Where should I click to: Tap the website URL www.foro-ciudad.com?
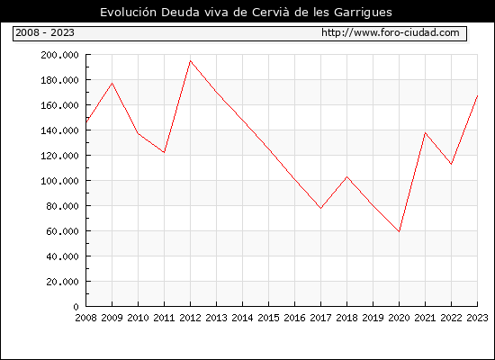tap(391, 32)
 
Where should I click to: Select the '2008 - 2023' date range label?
tap(45, 32)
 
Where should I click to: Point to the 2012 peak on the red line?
tap(191, 60)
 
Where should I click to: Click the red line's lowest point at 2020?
tap(399, 231)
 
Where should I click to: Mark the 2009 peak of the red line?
tap(112, 83)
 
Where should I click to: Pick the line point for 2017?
tap(320, 208)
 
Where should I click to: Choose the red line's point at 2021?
tap(425, 133)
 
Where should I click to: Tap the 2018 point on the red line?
tap(346, 176)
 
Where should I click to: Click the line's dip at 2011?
tap(164, 152)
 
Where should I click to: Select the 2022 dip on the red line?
tap(452, 164)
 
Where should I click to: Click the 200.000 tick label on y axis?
tap(59, 55)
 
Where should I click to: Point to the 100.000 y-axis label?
tap(59, 181)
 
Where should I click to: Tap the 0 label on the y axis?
tap(76, 306)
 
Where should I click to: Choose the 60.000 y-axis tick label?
tap(62, 231)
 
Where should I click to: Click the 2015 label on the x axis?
tap(269, 318)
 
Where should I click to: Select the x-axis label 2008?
tap(85, 318)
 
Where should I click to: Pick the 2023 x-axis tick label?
tap(477, 318)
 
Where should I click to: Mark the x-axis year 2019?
tap(373, 318)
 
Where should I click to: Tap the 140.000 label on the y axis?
tap(59, 130)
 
